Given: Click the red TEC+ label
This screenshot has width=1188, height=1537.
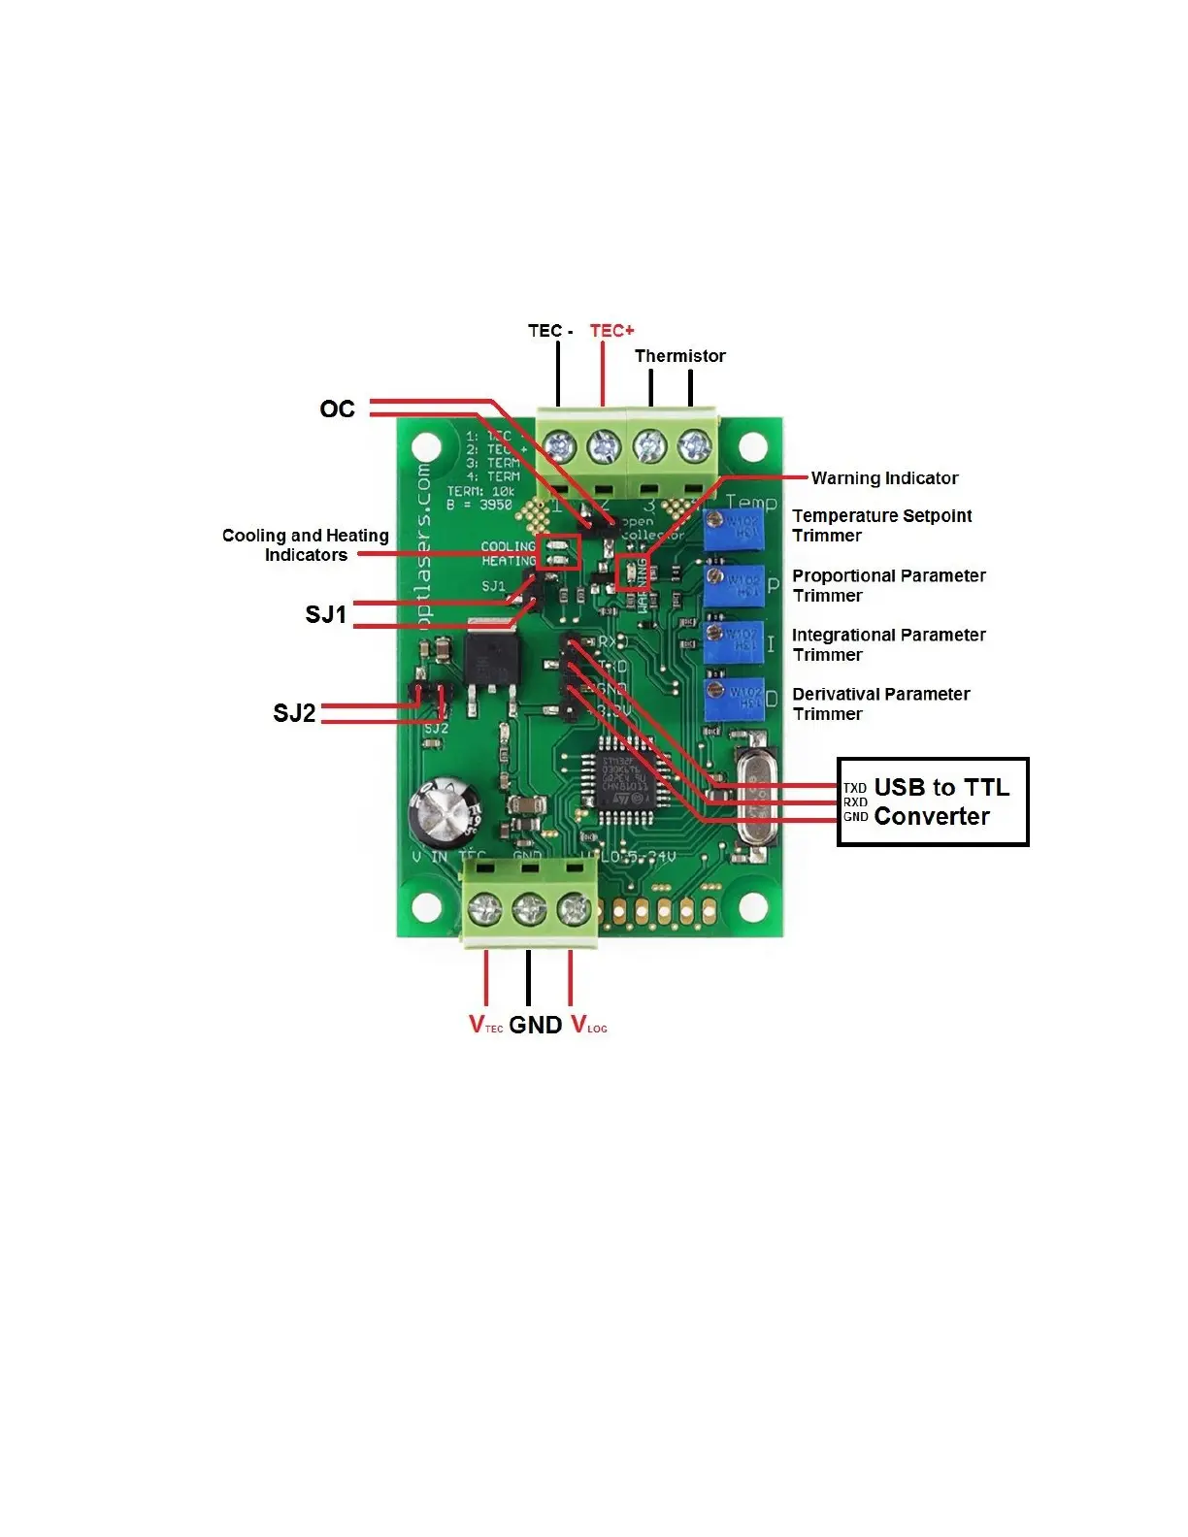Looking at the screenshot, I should (611, 331).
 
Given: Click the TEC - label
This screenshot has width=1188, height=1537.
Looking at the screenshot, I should (550, 331).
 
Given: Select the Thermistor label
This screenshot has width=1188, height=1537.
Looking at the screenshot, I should (679, 356).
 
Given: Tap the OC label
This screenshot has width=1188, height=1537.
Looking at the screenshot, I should (337, 409).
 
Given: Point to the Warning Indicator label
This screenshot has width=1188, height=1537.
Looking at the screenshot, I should (884, 478).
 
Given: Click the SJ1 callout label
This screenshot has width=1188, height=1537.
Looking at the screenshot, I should (325, 615).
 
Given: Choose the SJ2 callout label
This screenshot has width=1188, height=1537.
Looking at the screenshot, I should (294, 714).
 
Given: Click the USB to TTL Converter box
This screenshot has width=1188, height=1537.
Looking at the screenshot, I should (932, 802).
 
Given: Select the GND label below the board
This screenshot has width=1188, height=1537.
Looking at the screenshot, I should (535, 1026).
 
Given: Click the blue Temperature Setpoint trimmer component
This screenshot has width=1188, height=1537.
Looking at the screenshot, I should (734, 529).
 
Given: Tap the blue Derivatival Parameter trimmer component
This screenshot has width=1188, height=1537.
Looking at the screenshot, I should (734, 700).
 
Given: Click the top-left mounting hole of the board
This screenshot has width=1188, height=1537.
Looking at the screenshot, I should (427, 448).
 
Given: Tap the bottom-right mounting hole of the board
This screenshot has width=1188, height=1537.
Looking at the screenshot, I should (753, 907).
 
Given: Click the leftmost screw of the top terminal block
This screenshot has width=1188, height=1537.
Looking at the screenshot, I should (559, 447).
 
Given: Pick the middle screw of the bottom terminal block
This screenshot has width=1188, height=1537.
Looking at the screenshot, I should (529, 910).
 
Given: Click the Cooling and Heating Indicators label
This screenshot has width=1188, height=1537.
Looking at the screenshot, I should (305, 545).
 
